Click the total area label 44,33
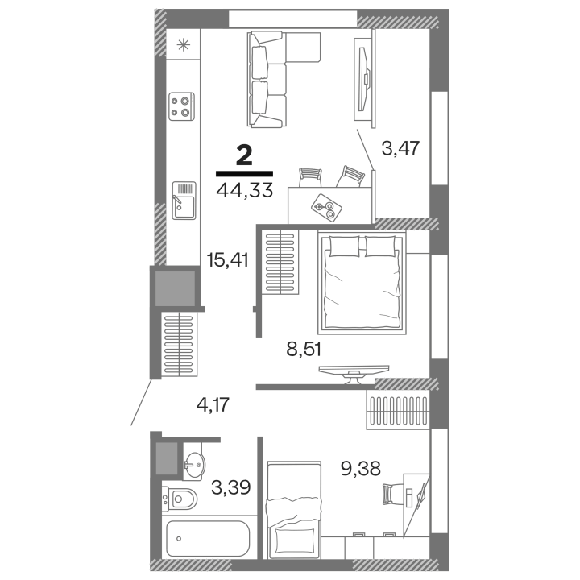point(245,190)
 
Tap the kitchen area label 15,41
point(227,259)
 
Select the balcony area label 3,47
point(400,148)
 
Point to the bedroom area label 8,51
point(304,349)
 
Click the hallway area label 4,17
point(213,404)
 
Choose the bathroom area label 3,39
point(231,487)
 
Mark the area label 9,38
point(361,469)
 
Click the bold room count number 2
point(245,155)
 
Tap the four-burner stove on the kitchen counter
point(181,106)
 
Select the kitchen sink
point(184,201)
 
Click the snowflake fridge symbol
point(183,45)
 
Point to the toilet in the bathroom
point(180,499)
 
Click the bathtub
point(208,539)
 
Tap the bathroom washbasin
point(194,462)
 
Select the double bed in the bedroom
point(362,283)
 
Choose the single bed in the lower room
point(294,510)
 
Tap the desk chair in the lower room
point(387,494)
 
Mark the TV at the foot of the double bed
point(354,374)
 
